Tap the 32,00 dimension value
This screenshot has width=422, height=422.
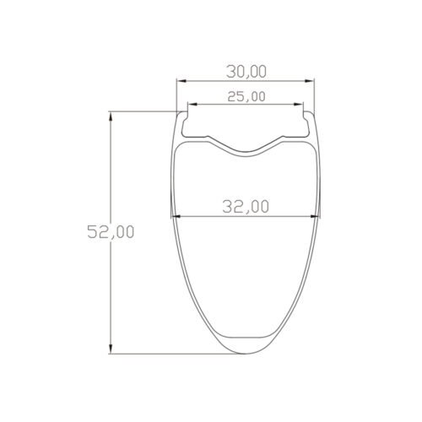(x=246, y=206)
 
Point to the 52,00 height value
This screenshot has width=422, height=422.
(x=111, y=233)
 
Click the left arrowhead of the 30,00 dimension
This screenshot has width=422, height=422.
(x=179, y=82)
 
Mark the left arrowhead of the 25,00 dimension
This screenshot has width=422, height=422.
(x=191, y=105)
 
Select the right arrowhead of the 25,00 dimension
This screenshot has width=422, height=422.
(x=300, y=105)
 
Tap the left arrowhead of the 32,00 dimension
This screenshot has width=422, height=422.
(x=175, y=217)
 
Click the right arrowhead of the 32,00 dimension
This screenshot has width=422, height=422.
(x=316, y=217)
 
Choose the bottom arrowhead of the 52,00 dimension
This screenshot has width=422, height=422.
(x=111, y=350)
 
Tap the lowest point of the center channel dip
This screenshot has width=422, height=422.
(x=246, y=153)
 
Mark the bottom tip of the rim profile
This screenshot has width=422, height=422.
(x=246, y=354)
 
